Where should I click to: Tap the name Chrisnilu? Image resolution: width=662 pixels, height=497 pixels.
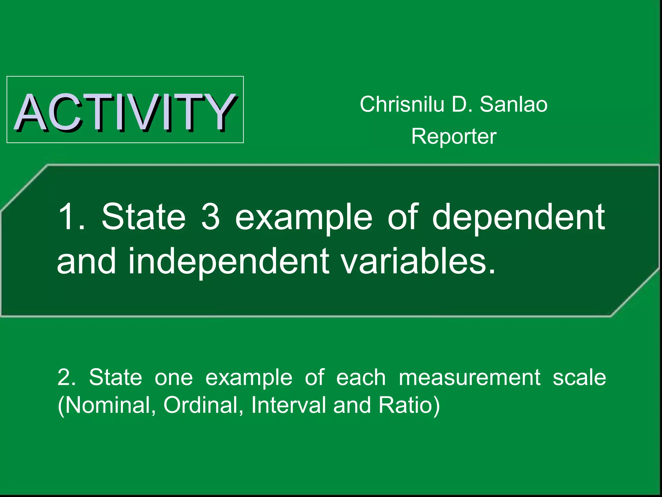[x=402, y=105]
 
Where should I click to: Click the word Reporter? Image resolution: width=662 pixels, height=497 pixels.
[x=454, y=137]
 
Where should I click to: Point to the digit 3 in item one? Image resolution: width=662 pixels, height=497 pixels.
[x=210, y=216]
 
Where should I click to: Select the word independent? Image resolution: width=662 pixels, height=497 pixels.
[x=229, y=261]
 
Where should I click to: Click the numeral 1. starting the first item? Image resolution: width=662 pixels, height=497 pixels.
[x=71, y=216]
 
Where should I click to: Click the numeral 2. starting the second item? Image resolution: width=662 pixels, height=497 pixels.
[x=67, y=377]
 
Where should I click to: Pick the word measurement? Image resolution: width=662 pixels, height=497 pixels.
[x=469, y=377]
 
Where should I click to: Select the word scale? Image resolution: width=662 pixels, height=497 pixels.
[x=579, y=377]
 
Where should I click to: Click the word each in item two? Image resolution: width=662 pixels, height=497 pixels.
[x=361, y=377]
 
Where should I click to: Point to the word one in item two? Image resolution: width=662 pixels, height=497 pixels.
[x=174, y=377]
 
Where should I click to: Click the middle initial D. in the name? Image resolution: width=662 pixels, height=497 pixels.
[x=462, y=105]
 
